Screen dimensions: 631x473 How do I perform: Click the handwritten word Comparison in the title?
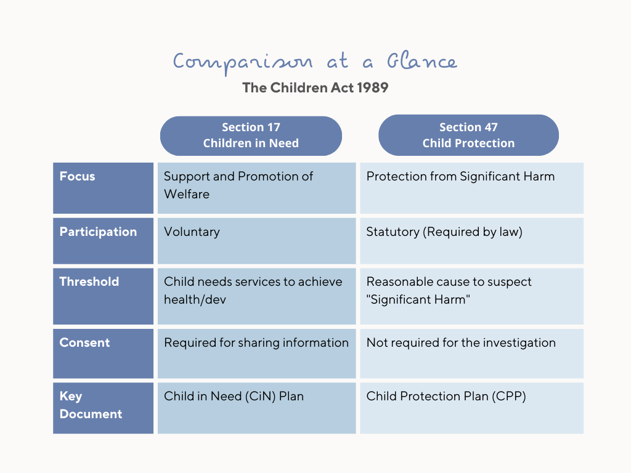pyautogui.click(x=243, y=63)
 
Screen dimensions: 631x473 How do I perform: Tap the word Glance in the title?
pyautogui.click(x=421, y=60)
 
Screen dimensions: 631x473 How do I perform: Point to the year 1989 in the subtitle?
pyautogui.click(x=372, y=87)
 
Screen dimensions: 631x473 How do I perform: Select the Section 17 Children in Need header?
pyautogui.click(x=251, y=135)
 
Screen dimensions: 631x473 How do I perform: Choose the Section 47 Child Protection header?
pyautogui.click(x=468, y=135)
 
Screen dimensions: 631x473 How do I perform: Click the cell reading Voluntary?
pyautogui.click(x=257, y=241)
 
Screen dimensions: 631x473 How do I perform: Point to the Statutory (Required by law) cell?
pyautogui.click(x=471, y=241)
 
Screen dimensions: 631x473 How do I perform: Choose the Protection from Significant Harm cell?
pyautogui.click(x=471, y=188)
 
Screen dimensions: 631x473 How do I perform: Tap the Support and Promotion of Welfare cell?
pyautogui.click(x=257, y=188)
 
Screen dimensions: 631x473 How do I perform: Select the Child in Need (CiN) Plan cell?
pyautogui.click(x=257, y=408)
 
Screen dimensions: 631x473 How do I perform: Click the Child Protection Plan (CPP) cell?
pyautogui.click(x=471, y=408)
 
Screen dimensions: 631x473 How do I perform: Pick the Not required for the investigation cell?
pyautogui.click(x=471, y=354)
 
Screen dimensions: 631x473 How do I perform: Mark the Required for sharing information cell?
pyautogui.click(x=257, y=354)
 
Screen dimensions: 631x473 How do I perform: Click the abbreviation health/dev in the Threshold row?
pyautogui.click(x=195, y=300)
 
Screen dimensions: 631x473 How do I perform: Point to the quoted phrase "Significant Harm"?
pyautogui.click(x=418, y=300)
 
